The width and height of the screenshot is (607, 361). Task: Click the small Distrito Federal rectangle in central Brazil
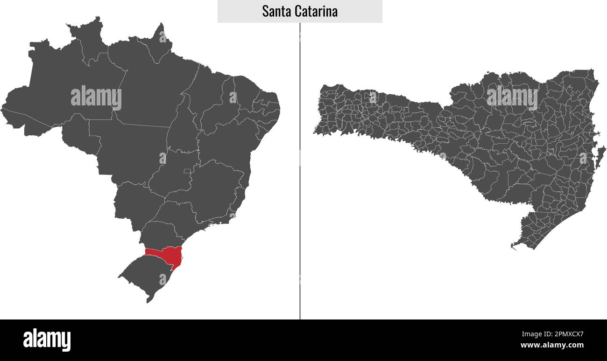187,171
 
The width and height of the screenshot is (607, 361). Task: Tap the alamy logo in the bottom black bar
47,340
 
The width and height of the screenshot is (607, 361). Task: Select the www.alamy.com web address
552,346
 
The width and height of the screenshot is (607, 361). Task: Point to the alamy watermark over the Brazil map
96,98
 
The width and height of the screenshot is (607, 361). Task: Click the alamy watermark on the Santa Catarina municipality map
512,97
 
